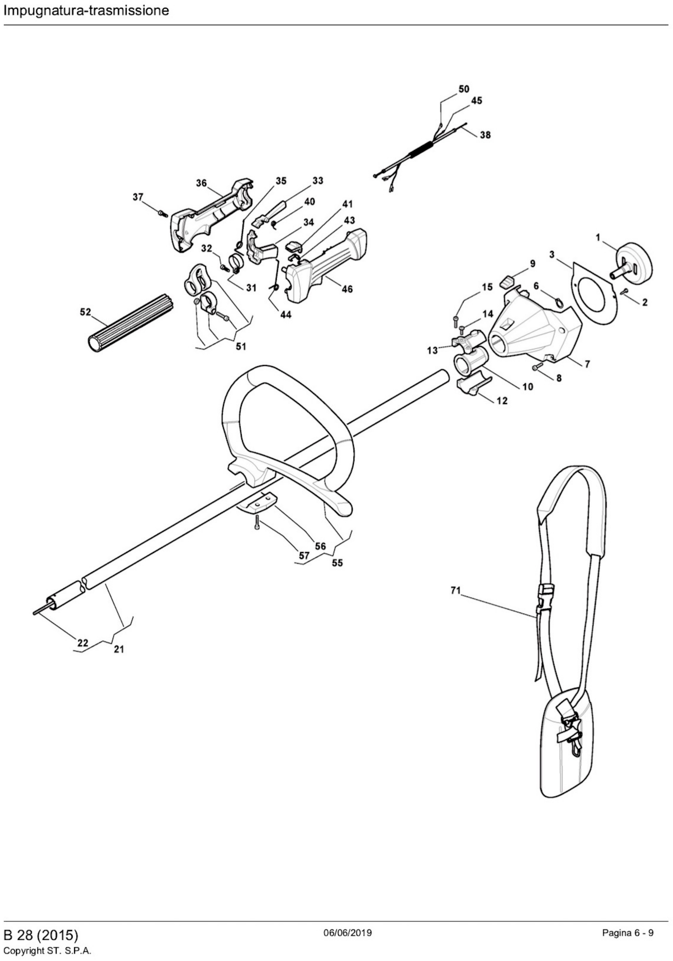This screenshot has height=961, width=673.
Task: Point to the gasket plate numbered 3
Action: pyautogui.click(x=594, y=293)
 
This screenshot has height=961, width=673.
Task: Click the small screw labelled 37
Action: pyautogui.click(x=163, y=214)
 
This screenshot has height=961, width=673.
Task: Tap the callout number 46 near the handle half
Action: pyautogui.click(x=347, y=289)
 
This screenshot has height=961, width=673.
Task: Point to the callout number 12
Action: pyautogui.click(x=502, y=401)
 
